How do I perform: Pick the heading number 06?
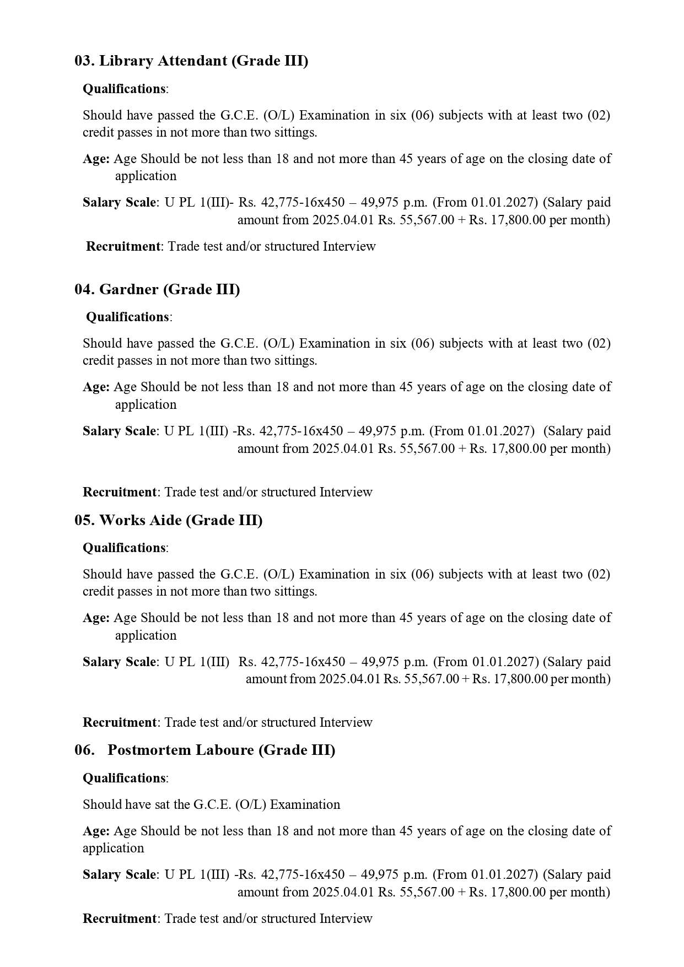84,750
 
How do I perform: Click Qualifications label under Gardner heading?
127,317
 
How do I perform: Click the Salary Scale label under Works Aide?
119,662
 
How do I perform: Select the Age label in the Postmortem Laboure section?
96,831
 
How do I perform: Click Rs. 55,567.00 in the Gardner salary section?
416,449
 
